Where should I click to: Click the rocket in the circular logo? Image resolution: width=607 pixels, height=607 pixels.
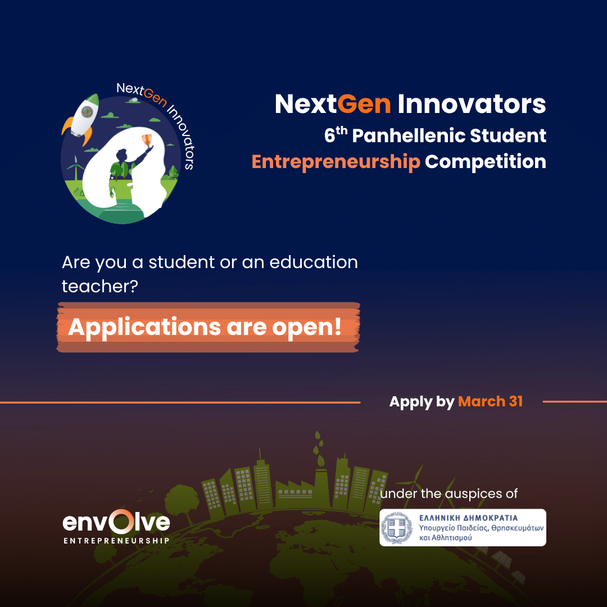tap(82, 117)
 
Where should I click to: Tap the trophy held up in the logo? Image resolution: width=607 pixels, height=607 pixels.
tap(148, 139)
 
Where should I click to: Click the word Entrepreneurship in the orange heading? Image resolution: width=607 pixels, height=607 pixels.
tap(336, 162)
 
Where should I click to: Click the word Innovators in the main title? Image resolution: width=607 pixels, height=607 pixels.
tap(472, 104)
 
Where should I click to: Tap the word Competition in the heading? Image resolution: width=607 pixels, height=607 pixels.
tap(486, 162)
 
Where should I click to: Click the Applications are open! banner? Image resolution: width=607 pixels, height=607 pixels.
tap(208, 328)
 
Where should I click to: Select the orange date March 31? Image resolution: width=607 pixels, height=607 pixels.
tap(490, 401)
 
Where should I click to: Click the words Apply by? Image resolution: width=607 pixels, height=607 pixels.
tap(422, 401)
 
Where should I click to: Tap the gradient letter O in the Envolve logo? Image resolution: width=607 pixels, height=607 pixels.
tap(118, 523)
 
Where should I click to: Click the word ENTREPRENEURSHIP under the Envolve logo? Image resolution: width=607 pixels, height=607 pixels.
tap(116, 541)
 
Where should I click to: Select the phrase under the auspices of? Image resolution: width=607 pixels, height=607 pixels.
tap(449, 494)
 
